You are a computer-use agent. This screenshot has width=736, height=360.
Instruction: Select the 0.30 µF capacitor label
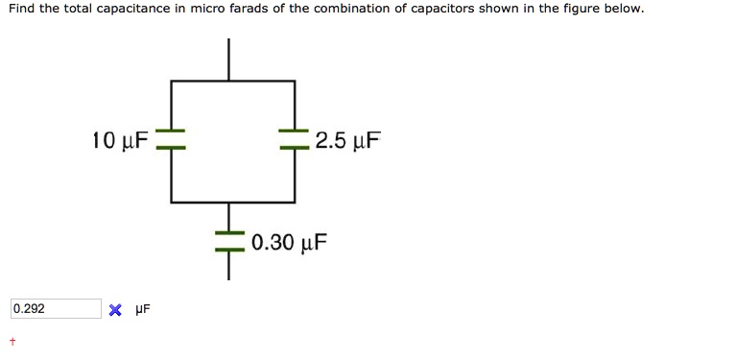[x=290, y=241]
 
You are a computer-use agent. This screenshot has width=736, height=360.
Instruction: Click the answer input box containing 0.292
[x=56, y=309]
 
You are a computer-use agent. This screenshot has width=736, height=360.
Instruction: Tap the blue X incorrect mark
[x=115, y=310]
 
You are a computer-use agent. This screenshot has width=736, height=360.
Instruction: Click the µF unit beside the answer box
[x=142, y=309]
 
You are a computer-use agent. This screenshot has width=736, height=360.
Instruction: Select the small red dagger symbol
[x=12, y=341]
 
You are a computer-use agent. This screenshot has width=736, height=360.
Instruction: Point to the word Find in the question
[x=20, y=10]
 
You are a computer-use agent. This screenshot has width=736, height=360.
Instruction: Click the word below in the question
[x=622, y=10]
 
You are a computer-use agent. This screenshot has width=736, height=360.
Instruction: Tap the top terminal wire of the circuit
[x=229, y=60]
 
